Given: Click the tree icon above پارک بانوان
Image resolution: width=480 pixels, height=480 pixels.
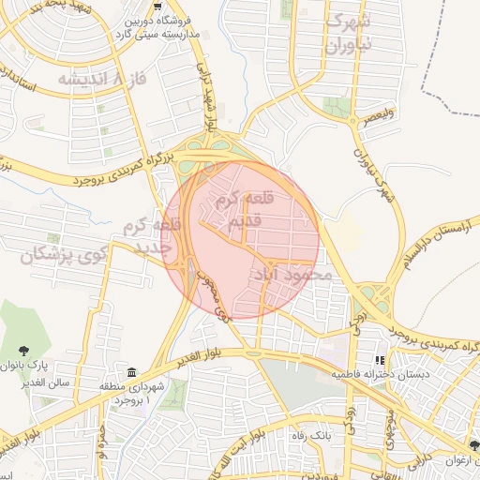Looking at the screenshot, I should point(42,342).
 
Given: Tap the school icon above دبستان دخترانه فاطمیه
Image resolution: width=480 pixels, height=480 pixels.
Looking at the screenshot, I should point(380,359).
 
